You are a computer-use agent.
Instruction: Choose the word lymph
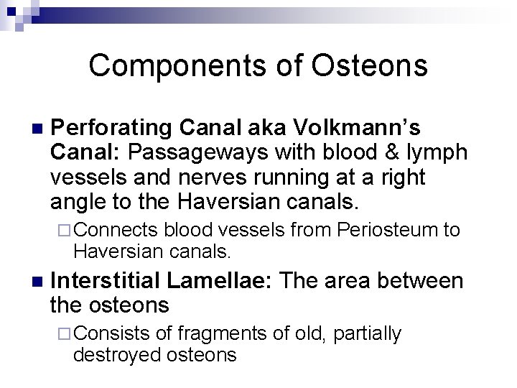[439, 152]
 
